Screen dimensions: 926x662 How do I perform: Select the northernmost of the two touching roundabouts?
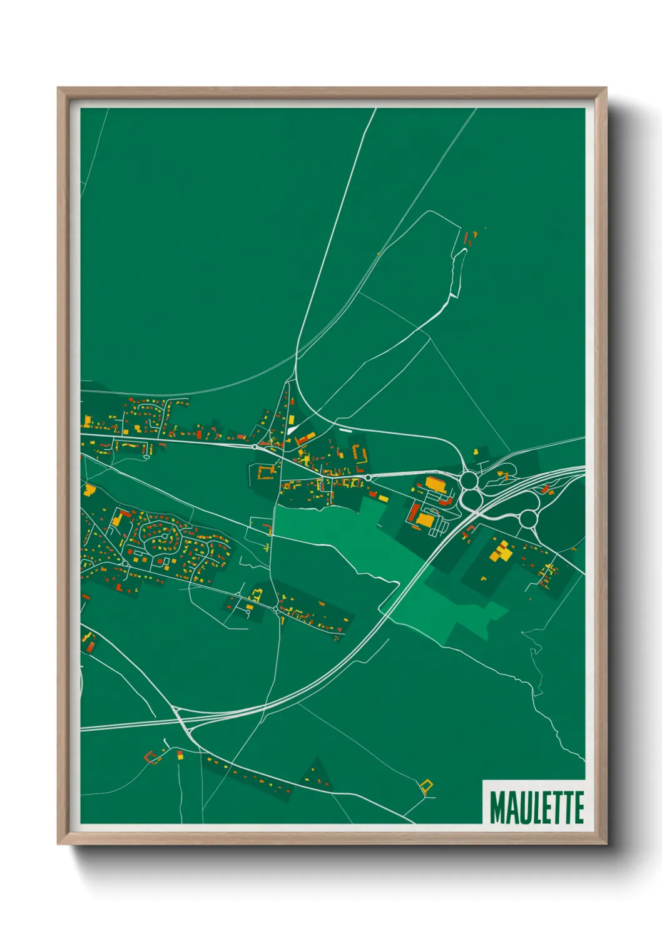(x=469, y=481)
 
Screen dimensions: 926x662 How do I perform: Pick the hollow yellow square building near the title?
(x=427, y=786)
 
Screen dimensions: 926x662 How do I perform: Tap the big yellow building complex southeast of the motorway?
(x=501, y=552)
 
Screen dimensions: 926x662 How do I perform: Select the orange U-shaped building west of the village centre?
(x=267, y=471)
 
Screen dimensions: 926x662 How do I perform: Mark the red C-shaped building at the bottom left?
(x=151, y=757)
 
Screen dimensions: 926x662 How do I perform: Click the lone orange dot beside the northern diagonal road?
(x=379, y=253)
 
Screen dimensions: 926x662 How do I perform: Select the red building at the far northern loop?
(x=466, y=238)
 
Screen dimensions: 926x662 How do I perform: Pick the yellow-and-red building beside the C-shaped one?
(x=180, y=755)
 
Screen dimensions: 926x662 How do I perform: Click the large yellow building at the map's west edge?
(x=89, y=489)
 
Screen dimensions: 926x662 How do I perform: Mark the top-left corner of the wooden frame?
(x=58, y=89)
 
